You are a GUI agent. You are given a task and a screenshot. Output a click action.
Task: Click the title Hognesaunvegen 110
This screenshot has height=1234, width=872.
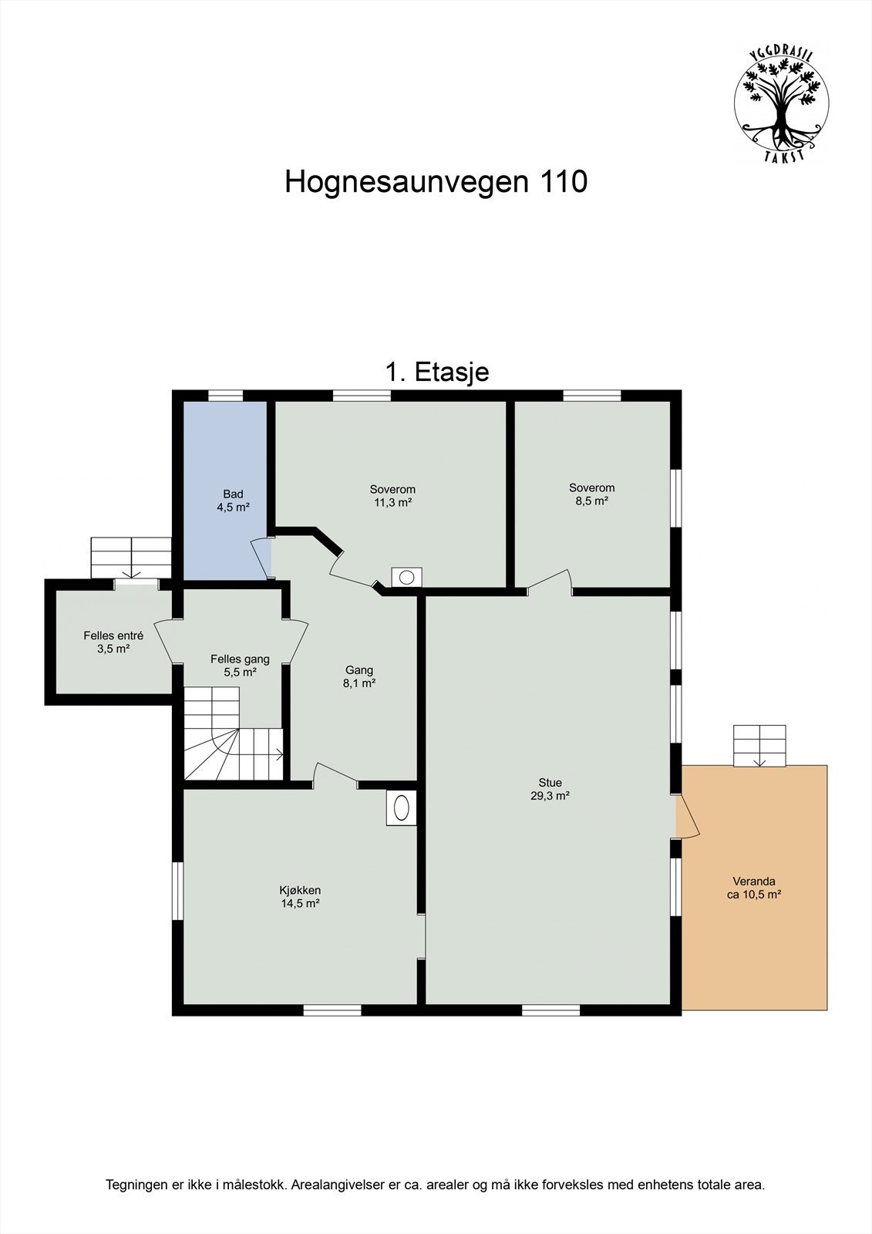click(436, 182)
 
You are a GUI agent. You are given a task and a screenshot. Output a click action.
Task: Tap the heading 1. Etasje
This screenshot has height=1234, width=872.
click(436, 372)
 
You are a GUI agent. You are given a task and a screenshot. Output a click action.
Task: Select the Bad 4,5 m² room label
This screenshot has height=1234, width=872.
click(233, 501)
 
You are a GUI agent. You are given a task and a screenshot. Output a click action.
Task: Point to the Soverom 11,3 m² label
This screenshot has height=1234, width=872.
click(392, 496)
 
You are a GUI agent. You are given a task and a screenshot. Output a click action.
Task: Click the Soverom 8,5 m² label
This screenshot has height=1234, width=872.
click(591, 494)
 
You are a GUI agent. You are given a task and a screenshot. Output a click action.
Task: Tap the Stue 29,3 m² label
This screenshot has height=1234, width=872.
click(550, 789)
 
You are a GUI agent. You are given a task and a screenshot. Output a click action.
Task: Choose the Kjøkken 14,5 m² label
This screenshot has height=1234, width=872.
click(300, 896)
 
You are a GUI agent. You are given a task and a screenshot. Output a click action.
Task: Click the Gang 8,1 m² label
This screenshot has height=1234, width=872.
click(359, 676)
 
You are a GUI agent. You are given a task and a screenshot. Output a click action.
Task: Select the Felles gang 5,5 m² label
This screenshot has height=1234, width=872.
click(240, 665)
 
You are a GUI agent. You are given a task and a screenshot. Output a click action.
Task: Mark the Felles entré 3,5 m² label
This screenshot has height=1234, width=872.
click(113, 642)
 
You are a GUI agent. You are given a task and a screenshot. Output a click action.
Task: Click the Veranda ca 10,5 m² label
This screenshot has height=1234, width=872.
click(753, 888)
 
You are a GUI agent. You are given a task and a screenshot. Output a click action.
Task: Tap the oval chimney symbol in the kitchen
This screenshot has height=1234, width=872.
click(402, 807)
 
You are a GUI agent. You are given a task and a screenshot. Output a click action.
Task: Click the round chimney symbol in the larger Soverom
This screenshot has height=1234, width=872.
click(406, 577)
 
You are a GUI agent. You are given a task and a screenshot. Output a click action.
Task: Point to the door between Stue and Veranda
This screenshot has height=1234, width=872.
click(686, 817)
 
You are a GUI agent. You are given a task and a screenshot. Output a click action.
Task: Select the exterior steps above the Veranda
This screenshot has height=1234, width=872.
click(759, 745)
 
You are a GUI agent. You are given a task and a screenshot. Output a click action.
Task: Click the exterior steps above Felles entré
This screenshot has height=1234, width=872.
click(130, 557)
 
